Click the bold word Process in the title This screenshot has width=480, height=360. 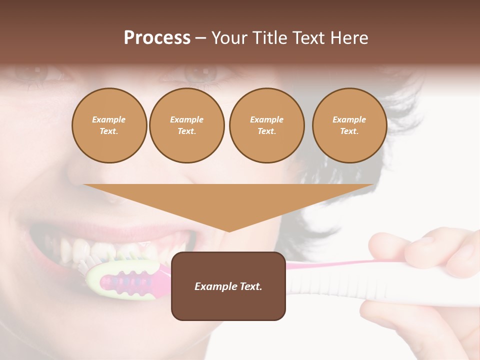click(157, 38)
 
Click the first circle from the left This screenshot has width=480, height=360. click(109, 125)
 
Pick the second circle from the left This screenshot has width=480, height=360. click(186, 125)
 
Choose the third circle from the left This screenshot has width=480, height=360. click(266, 125)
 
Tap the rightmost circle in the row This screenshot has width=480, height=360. click(349, 125)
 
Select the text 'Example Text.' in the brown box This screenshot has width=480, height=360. click(228, 286)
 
